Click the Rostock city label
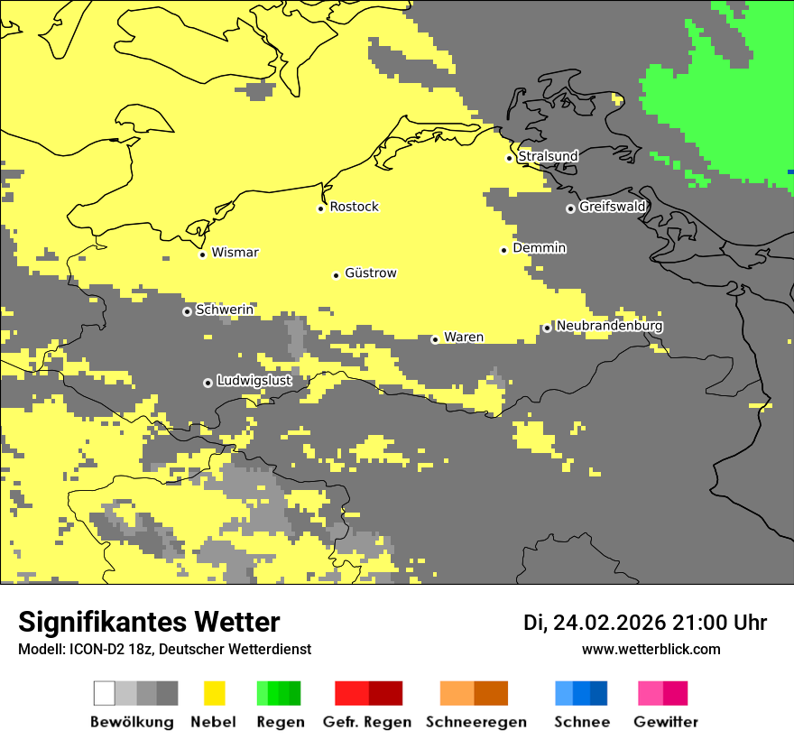(354, 207)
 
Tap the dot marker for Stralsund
(509, 158)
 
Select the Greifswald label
(612, 207)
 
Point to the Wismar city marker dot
(202, 254)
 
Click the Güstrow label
(370, 273)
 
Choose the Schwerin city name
(225, 310)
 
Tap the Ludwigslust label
(254, 381)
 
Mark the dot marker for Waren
(435, 340)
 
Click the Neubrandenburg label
(609, 326)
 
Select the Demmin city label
(539, 247)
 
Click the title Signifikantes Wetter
(149, 622)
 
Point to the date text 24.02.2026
(609, 623)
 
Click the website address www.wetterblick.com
(651, 649)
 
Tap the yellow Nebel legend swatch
(214, 693)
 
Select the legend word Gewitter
(665, 722)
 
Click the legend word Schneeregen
(475, 722)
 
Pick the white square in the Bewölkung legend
(104, 693)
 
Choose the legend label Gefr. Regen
(366, 722)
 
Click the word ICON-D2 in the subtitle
(93, 649)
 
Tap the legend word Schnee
(581, 722)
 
